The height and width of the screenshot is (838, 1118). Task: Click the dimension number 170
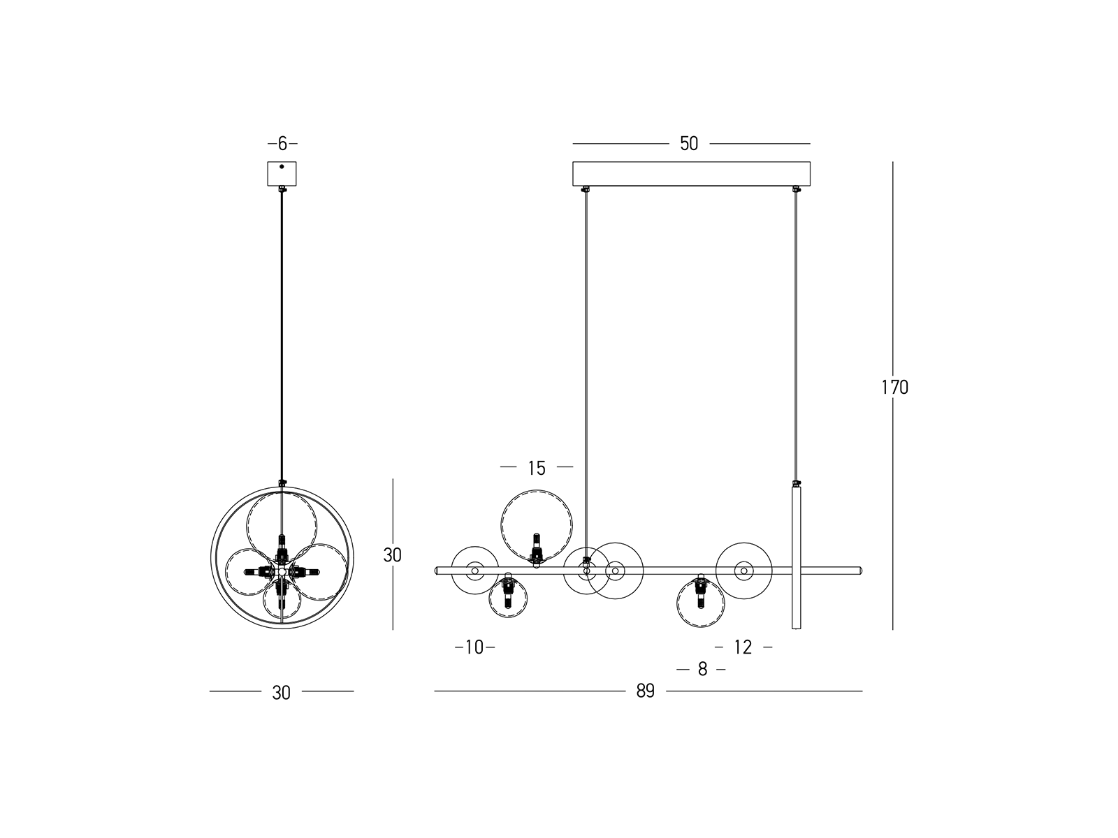point(895,388)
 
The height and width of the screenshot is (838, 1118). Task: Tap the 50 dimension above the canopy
point(689,144)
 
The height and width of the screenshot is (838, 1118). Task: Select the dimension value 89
point(646,691)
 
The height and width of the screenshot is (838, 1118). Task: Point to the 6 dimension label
point(283,144)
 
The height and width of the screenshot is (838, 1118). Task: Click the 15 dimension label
point(537,468)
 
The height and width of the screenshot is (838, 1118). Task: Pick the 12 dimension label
point(743,647)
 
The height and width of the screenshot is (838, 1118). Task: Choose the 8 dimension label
point(703,669)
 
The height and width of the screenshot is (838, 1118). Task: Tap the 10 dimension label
point(474,647)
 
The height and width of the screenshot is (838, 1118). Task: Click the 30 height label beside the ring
point(392,555)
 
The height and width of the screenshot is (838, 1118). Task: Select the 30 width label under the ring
point(281,693)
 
